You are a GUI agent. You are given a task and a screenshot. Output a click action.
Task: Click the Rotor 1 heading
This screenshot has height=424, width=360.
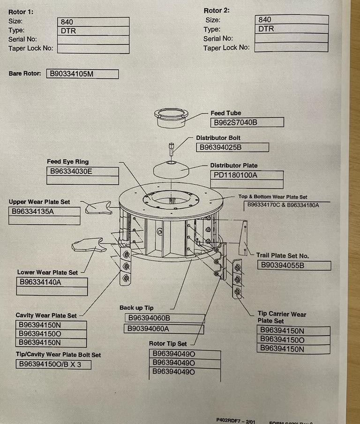coord(21,12)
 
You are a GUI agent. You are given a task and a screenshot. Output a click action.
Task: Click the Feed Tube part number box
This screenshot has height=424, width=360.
coord(247,123)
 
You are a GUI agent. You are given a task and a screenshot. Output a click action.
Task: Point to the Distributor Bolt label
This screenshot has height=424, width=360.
coord(218,138)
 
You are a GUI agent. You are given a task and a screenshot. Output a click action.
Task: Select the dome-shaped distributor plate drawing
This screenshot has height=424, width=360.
coord(171,167)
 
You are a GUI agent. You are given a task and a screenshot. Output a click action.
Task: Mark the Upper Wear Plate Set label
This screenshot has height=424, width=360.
coord(39,202)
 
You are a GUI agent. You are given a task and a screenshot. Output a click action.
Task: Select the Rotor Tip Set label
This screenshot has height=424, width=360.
coord(168,344)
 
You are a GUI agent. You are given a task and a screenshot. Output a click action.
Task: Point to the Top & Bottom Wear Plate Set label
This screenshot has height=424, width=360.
coord(273,197)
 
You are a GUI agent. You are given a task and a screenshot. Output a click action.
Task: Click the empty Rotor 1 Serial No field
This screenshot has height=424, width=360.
coord(93,40)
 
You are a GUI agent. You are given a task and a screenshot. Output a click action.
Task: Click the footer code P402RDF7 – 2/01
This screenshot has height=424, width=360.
coord(235,420)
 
